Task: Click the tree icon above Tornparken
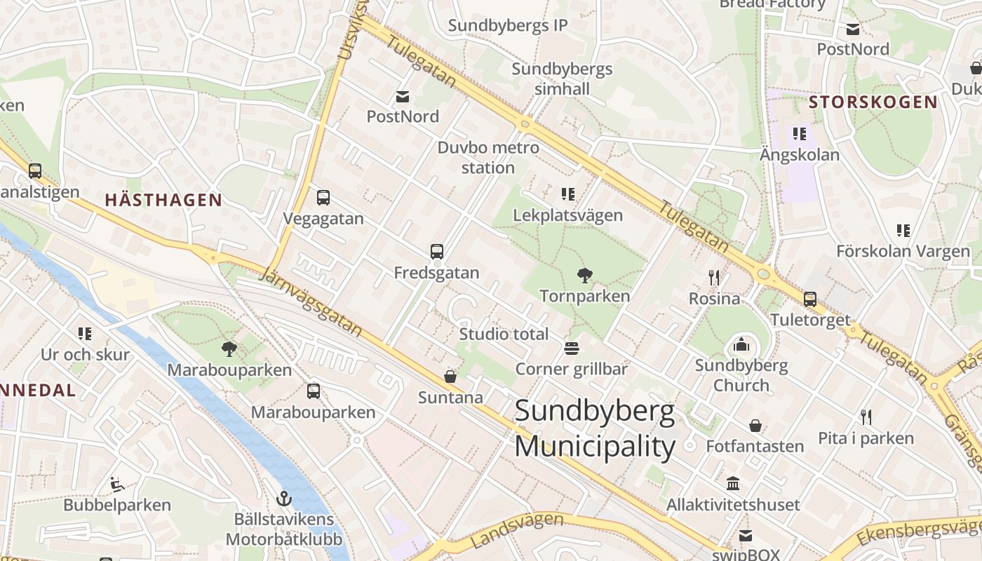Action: tap(583, 276)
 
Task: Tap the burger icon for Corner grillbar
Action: tap(571, 349)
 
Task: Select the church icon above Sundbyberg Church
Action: tap(741, 344)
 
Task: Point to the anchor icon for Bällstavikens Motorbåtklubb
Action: tap(284, 499)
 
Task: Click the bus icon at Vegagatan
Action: tap(323, 198)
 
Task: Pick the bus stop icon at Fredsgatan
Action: tap(436, 252)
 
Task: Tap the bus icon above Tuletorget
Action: tap(809, 299)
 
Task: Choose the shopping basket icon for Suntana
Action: tap(450, 377)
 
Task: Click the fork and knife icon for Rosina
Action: tap(714, 278)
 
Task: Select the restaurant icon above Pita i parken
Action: tap(866, 417)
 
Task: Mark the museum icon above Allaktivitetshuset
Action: tap(733, 484)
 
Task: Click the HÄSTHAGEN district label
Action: tap(163, 200)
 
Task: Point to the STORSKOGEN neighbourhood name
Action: tap(873, 102)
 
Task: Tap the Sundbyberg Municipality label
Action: tap(595, 428)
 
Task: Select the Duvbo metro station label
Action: tap(488, 158)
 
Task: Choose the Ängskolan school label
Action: tap(800, 155)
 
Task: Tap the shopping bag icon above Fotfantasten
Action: tap(755, 426)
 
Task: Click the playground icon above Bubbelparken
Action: tap(117, 484)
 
